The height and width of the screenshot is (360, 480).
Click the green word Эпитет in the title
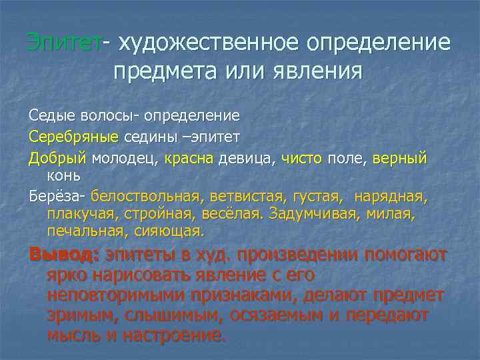click(x=64, y=43)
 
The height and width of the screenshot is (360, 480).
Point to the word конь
click(x=64, y=175)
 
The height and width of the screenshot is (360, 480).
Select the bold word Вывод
click(x=63, y=255)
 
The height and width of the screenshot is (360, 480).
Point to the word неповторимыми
click(x=117, y=295)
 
